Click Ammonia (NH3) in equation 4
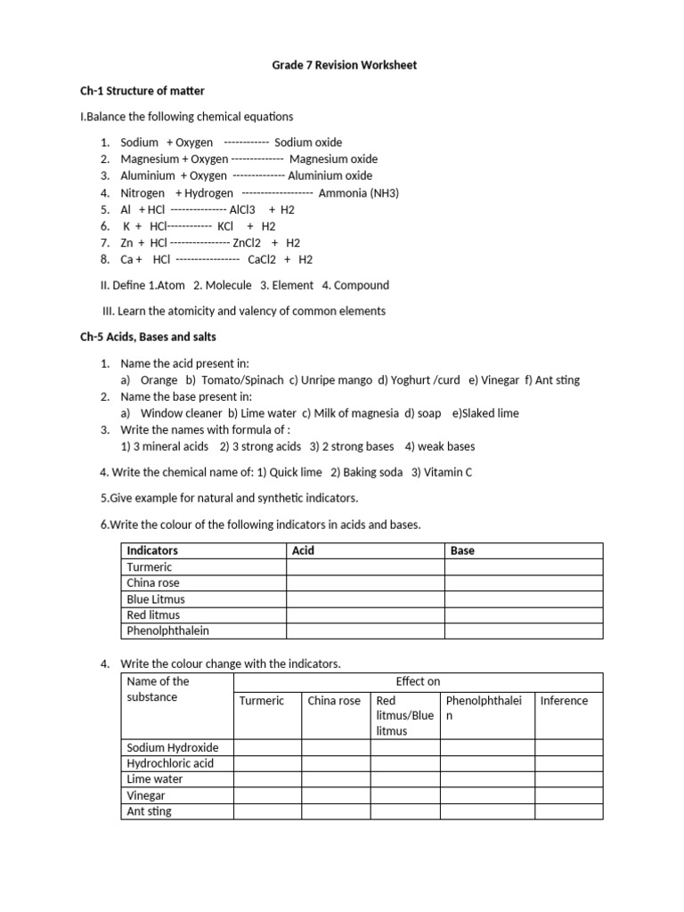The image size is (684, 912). tap(358, 193)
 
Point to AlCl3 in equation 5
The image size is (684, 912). tap(242, 210)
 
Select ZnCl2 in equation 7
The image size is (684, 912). tap(245, 243)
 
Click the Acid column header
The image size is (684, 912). tap(303, 551)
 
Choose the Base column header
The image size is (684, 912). tap(462, 551)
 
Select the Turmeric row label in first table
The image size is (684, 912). tap(150, 567)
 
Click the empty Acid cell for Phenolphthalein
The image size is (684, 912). tap(365, 631)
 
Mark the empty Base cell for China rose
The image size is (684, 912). tap(524, 583)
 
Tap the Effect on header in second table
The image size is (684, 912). tap(418, 682)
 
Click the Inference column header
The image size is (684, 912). tap(564, 701)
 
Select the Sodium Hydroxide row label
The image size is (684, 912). tap(173, 748)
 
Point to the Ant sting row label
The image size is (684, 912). tap(149, 812)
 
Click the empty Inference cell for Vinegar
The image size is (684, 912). tap(568, 796)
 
